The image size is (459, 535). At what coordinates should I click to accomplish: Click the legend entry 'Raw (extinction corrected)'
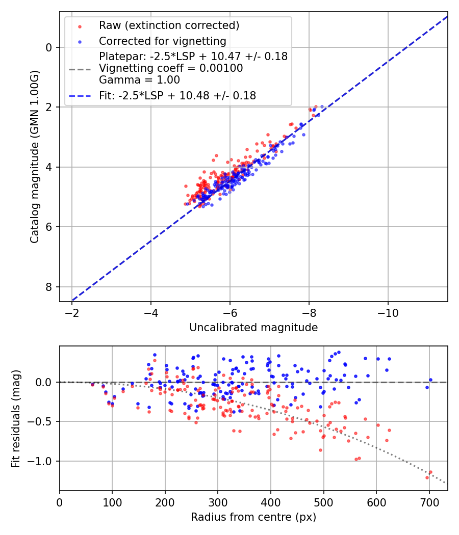pyautogui.click(x=169, y=25)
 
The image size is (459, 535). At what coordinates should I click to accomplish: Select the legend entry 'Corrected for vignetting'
pyautogui.click(x=163, y=41)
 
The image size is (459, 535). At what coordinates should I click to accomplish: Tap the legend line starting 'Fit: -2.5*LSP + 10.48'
pyautogui.click(x=177, y=95)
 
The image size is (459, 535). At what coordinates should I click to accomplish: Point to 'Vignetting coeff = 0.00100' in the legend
pyautogui.click(x=171, y=68)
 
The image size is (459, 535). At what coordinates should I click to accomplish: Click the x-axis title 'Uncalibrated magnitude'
pyautogui.click(x=253, y=328)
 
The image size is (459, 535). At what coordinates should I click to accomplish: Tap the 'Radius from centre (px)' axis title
pyautogui.click(x=253, y=517)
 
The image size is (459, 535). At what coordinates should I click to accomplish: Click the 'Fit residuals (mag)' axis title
pyautogui.click(x=16, y=419)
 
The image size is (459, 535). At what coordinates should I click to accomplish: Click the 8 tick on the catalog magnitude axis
pyautogui.click(x=49, y=287)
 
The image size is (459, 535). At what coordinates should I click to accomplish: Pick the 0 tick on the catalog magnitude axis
pyautogui.click(x=49, y=47)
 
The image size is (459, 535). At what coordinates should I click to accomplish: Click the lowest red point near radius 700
pyautogui.click(x=427, y=477)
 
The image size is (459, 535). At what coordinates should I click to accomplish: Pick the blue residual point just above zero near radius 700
pyautogui.click(x=430, y=380)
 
